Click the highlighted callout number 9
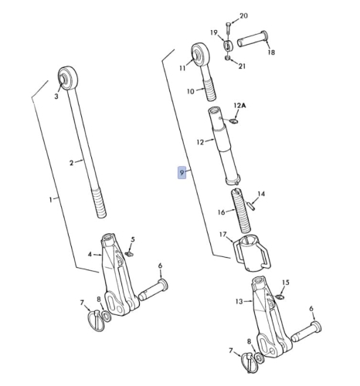tap(182, 173)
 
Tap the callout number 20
tap(243, 16)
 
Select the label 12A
tap(239, 106)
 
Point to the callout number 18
tap(271, 52)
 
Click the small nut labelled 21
tap(228, 58)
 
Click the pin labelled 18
tap(253, 39)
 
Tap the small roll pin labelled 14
tap(252, 206)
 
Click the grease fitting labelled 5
tap(130, 254)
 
